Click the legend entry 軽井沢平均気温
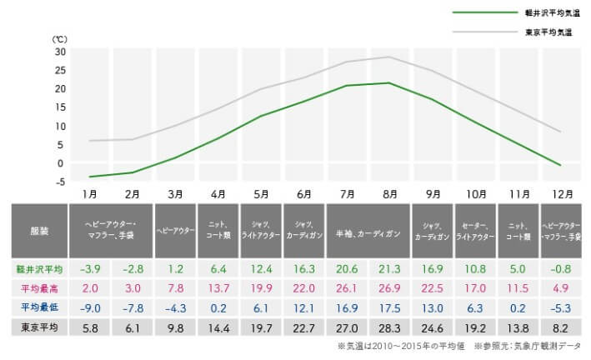click(548, 13)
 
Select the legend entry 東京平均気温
click(548, 32)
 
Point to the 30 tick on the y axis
click(60, 51)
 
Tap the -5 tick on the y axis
click(60, 182)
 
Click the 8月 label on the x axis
click(389, 193)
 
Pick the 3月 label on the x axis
click(175, 193)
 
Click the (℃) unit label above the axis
click(60, 38)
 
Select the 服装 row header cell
click(40, 230)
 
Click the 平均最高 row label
click(40, 287)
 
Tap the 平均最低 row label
click(40, 307)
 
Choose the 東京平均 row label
click(40, 326)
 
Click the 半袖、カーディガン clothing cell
click(368, 230)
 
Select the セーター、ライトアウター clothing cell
click(475, 230)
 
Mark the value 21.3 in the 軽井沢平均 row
click(389, 269)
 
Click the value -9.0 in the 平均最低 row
click(89, 307)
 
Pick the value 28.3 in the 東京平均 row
click(389, 326)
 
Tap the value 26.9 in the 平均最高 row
click(389, 287)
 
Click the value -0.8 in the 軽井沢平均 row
click(561, 269)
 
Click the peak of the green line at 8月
click(389, 82)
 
